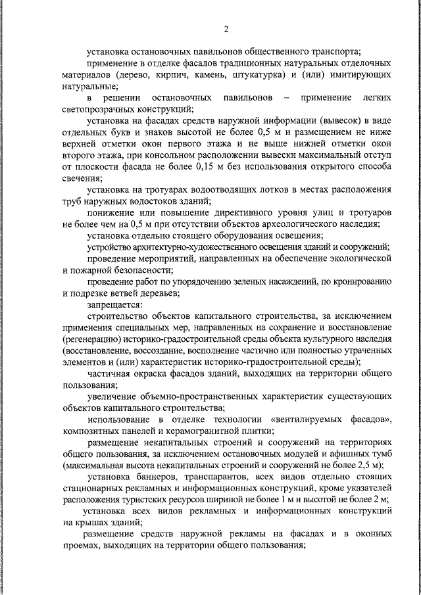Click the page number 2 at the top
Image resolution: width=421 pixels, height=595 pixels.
(x=226, y=28)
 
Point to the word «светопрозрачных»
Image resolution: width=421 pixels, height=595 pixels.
(x=100, y=109)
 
